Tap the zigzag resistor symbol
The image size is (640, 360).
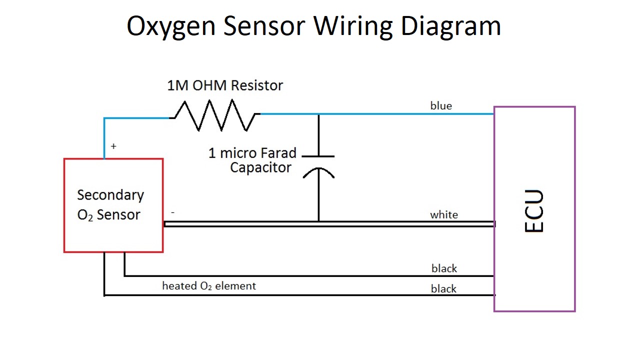(214, 115)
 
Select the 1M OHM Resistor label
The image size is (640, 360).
(225, 85)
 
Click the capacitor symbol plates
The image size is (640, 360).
(318, 164)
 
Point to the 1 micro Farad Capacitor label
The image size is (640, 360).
(252, 160)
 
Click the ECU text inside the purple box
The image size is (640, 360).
(534, 210)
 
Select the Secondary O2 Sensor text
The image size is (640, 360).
(110, 205)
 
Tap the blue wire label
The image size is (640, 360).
(441, 105)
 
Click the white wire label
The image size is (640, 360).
(443, 214)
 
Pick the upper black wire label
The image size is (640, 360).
(444, 268)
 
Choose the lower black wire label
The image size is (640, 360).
(443, 288)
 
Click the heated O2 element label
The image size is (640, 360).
(208, 286)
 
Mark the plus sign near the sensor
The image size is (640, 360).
(113, 146)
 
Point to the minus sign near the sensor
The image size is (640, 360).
(172, 212)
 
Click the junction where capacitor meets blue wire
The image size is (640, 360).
(318, 114)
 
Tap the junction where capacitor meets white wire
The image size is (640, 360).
(318, 221)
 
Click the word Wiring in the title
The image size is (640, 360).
(352, 26)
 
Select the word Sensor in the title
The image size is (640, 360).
(264, 26)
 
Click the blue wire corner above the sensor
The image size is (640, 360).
(104, 118)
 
